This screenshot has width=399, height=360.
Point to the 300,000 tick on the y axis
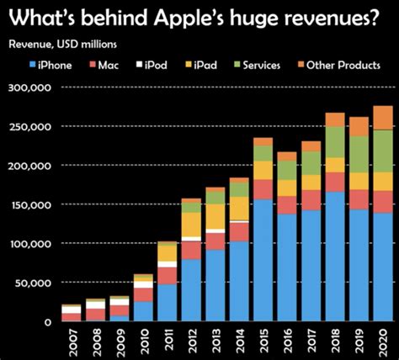pyautogui.click(x=27, y=87)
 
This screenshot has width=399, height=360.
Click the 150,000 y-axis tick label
pyautogui.click(x=27, y=204)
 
